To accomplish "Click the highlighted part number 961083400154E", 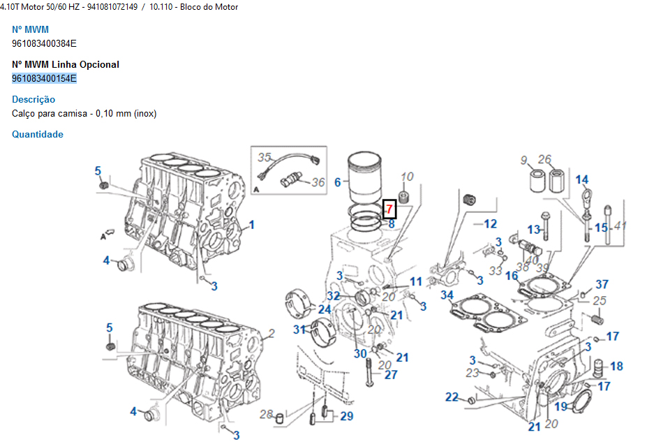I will click(x=44, y=78).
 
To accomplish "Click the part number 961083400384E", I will click(x=44, y=43).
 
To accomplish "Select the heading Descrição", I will click(x=34, y=100).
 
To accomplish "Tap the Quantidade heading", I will click(x=38, y=134).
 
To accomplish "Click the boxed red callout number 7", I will click(x=389, y=209).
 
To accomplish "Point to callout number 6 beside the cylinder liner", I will click(x=337, y=182).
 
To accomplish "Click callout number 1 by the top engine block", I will click(x=252, y=225).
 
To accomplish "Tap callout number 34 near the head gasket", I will click(x=447, y=295).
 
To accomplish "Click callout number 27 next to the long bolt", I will click(x=391, y=374).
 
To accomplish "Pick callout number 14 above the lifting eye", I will click(x=581, y=180).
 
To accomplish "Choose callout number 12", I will click(x=490, y=224).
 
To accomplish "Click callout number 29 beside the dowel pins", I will click(x=347, y=416).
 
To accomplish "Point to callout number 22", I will click(x=452, y=397).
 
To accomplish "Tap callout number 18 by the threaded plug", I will click(x=616, y=366).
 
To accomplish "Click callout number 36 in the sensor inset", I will click(x=318, y=183).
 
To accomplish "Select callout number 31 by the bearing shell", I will click(x=299, y=330).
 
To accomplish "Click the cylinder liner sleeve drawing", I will click(x=366, y=179).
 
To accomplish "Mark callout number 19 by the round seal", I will click(x=561, y=406).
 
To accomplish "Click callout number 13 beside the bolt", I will click(x=533, y=229).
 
